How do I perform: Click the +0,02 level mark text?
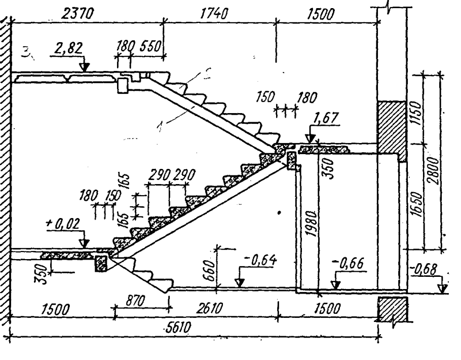click(x=63, y=224)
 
